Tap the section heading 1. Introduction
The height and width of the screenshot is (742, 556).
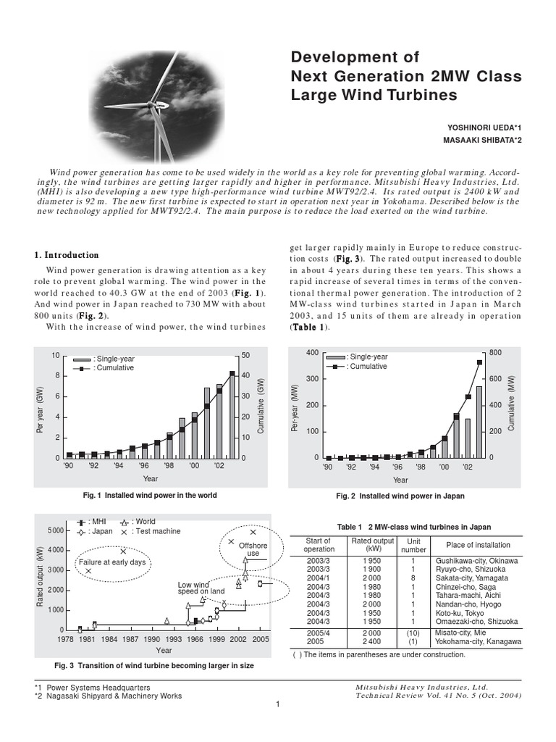[x=67, y=255]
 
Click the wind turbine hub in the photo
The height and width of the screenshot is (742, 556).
[x=159, y=106]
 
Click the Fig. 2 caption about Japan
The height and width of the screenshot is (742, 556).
[x=400, y=496]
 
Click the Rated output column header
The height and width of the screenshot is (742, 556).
[x=372, y=545]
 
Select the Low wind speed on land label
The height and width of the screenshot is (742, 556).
[x=193, y=588]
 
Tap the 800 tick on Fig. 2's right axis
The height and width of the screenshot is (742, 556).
[x=495, y=352]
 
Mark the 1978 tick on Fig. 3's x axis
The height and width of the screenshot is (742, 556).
[x=66, y=640]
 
